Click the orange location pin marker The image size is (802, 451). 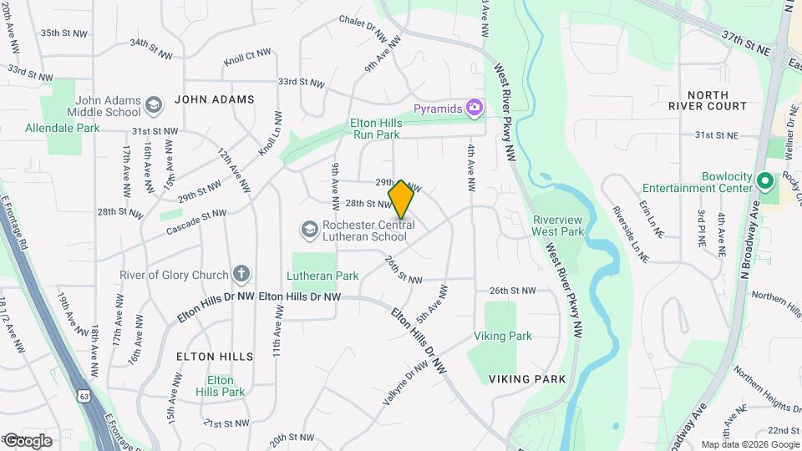(x=401, y=199)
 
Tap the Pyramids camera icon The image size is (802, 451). (x=475, y=107)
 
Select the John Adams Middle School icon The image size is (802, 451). (x=153, y=105)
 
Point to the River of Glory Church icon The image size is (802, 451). (x=241, y=274)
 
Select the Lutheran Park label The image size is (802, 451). (x=322, y=276)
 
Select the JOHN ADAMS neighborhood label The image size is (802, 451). (x=214, y=99)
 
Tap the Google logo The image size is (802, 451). (x=27, y=440)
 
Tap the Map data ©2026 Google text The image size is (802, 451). (x=749, y=444)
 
